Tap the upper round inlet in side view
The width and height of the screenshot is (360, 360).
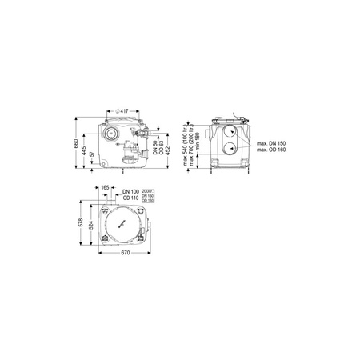230,132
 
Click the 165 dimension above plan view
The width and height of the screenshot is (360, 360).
106,210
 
